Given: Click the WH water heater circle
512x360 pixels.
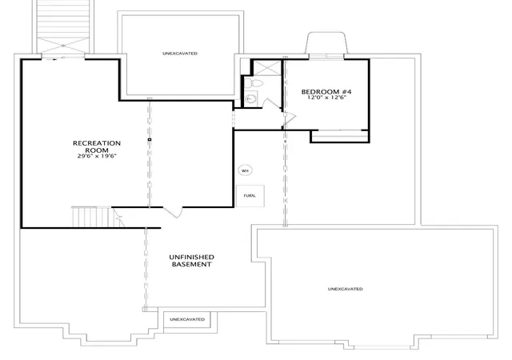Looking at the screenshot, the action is (x=246, y=170).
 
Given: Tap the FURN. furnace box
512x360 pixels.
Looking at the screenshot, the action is (x=250, y=196).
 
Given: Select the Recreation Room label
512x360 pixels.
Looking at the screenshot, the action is (x=97, y=146).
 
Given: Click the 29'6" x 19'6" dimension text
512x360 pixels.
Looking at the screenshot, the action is (x=97, y=156).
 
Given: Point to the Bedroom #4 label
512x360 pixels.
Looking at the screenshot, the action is (x=326, y=92).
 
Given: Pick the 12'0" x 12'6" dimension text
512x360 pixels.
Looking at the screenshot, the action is (x=326, y=98).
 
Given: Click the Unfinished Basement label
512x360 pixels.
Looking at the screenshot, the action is (x=192, y=261).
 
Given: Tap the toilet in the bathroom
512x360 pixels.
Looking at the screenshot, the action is (x=254, y=82).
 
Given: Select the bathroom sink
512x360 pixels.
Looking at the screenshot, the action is (x=250, y=98).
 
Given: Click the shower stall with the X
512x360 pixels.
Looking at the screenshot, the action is (x=267, y=68).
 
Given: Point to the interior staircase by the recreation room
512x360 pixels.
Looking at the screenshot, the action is (x=92, y=217).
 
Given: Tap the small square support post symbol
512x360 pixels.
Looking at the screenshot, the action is (x=150, y=139).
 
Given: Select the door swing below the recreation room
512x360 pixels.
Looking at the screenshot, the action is (x=173, y=212).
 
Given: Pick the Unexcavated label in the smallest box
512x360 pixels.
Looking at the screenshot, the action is (x=187, y=319).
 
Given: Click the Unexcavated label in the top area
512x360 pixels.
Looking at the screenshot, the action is (x=180, y=54).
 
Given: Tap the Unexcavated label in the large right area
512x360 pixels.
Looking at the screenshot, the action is (x=345, y=289).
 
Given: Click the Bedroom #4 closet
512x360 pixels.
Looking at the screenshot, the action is (x=340, y=136).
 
